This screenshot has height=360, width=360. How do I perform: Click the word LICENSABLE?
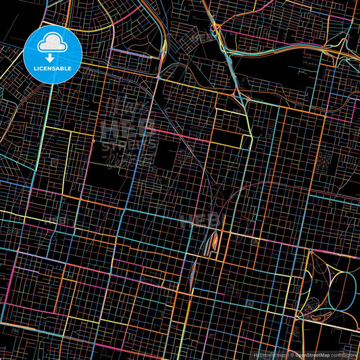click(x=53, y=67)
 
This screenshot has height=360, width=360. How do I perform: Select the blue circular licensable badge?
click(x=53, y=54)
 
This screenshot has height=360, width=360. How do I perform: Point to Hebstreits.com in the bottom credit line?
click(x=269, y=353)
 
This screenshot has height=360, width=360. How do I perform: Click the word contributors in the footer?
click(x=344, y=353)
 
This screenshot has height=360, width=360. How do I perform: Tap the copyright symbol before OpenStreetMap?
click(x=292, y=353)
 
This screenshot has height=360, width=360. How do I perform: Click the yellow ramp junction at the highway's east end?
click(x=334, y=50)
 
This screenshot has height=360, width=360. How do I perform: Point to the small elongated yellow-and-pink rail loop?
click(x=214, y=239)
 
